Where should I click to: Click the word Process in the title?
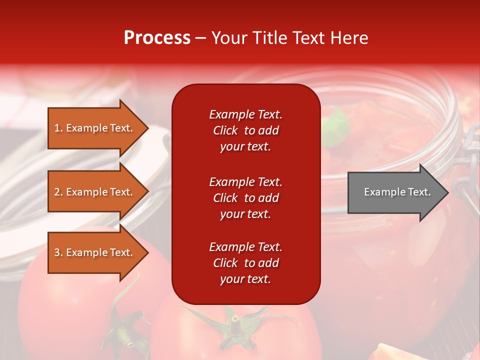(157, 38)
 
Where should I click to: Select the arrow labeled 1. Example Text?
(95, 128)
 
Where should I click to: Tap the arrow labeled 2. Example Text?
(95, 192)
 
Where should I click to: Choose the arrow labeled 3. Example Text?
(95, 252)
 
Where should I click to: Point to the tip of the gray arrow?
(448, 192)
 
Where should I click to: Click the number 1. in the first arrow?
(59, 128)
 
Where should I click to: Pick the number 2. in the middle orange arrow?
(59, 192)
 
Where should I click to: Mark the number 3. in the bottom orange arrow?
(59, 252)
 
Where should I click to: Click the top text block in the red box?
(245, 130)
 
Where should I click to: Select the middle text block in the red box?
(245, 198)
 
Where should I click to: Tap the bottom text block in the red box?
(245, 263)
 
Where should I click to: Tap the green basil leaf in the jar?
(338, 125)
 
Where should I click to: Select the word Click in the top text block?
(225, 130)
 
